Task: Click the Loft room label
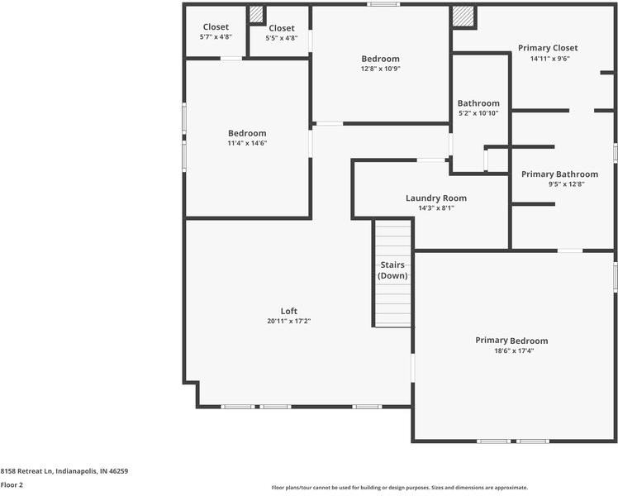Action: coord(288,311)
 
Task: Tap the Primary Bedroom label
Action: coord(511,341)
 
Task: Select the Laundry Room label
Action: coord(435,198)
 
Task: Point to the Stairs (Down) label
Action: coord(392,270)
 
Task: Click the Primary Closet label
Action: coord(548,48)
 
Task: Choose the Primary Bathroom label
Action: coord(559,174)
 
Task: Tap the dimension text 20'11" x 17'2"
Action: coord(288,321)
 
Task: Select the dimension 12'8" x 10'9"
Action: coord(380,69)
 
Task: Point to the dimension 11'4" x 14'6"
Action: coord(247,143)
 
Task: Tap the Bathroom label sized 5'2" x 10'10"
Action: coord(478,103)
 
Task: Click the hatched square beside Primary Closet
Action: coord(463,17)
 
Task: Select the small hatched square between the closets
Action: coord(256,14)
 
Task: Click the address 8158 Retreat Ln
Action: coord(64,471)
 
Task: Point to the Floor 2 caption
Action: coord(12,485)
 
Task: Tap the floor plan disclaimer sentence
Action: coord(399,488)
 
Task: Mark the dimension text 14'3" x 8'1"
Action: coord(435,207)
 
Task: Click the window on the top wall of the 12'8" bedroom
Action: coord(383,5)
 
